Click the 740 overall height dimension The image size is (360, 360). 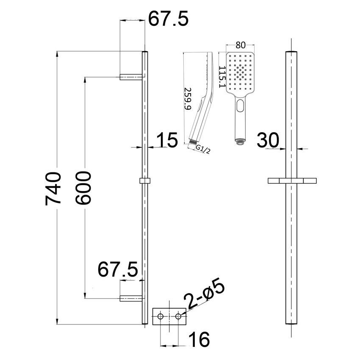coord(54,188)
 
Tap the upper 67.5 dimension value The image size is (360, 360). coord(168,19)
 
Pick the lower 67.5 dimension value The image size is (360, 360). coord(118,270)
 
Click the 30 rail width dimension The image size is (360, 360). coord(270,140)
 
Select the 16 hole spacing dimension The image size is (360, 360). coord(199,339)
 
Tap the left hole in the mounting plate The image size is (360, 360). coord(161,316)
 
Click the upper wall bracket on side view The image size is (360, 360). coord(131,77)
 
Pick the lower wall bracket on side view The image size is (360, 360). coord(131,298)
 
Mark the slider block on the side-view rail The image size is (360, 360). coord(145,181)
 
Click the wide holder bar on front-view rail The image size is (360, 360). coord(292,181)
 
